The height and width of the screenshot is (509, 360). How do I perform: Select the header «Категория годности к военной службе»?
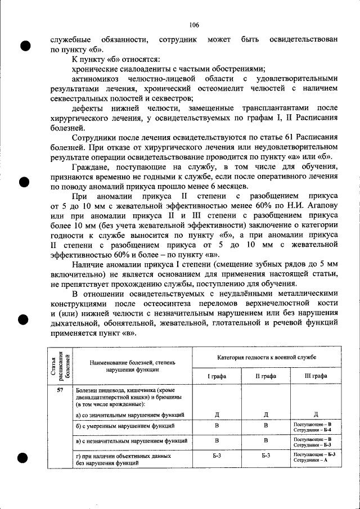[x=266, y=357]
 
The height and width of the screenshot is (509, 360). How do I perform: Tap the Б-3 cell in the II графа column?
[x=265, y=456]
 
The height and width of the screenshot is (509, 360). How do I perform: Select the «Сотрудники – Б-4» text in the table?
[x=315, y=430]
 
